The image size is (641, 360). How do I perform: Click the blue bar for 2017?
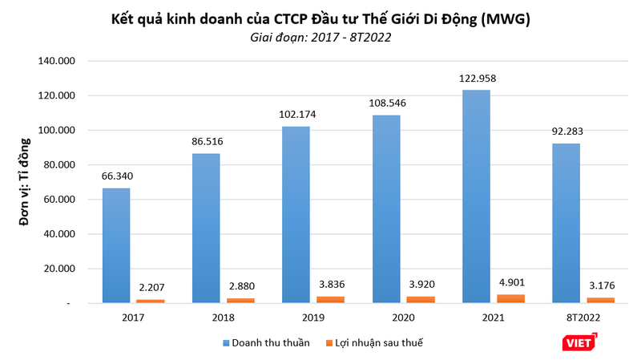[x=116, y=245]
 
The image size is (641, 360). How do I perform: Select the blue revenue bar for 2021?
[x=476, y=196]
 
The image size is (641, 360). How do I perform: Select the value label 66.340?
[x=116, y=178]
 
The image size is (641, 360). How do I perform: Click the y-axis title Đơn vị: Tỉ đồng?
[x=25, y=183]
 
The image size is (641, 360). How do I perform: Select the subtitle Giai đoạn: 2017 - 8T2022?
[x=320, y=38]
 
